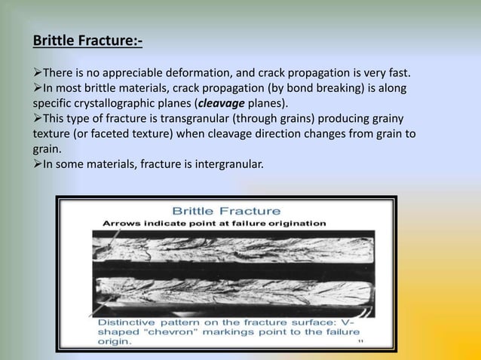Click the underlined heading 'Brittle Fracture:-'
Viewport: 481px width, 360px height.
87,38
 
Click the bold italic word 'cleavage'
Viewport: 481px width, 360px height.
222,103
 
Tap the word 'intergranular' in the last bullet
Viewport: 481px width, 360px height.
227,164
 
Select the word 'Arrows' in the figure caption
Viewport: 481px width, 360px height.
121,223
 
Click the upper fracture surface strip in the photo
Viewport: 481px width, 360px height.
226,246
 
